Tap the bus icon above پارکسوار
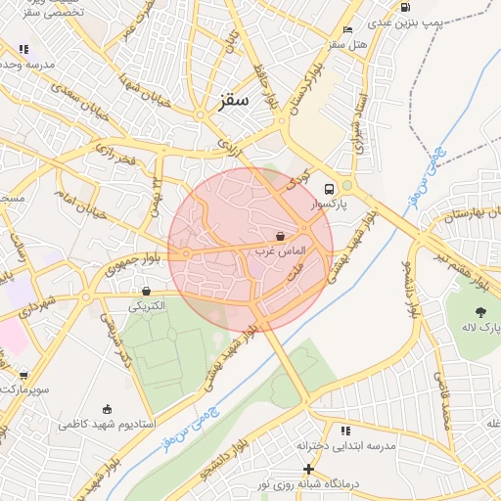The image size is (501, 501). (329, 189)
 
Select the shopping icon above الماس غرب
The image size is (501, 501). (281, 236)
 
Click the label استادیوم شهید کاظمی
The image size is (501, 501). (108, 424)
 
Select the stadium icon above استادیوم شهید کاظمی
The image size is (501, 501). (107, 409)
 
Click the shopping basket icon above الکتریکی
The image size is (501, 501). (146, 291)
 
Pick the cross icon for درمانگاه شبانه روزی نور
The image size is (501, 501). (309, 470)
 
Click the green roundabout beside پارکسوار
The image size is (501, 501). (346, 184)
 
